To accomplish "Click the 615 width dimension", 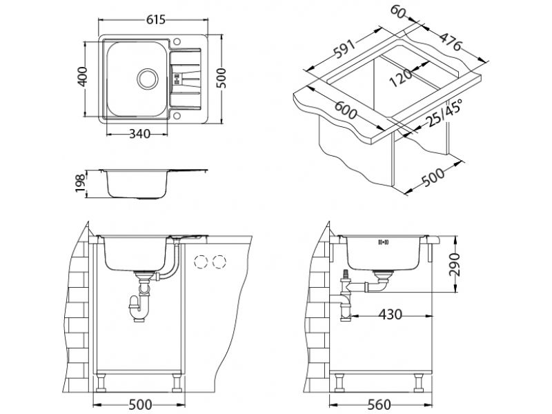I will pos(157,21).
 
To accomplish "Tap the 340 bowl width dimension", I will pos(141,133).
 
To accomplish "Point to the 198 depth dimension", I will pos(81,183).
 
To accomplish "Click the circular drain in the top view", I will pos(147,77).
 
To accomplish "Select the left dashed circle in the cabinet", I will pos(203,262).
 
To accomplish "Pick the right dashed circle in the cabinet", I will pos(220,262).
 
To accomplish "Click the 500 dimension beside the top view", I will pos(221,79).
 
